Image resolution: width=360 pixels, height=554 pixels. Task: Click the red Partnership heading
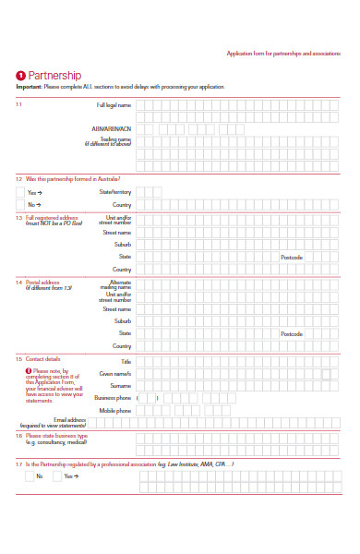pos(54,76)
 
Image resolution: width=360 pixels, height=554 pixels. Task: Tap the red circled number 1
pos(20,76)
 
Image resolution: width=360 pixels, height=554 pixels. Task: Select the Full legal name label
pos(114,105)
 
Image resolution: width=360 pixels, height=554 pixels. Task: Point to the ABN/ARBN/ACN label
pos(112,128)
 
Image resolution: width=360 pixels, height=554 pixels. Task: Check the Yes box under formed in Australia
pos(20,192)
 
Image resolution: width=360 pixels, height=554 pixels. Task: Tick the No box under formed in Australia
pos(20,204)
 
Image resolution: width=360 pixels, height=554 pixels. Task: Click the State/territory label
pos(115,192)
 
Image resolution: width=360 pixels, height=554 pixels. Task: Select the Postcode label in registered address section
pos(292,257)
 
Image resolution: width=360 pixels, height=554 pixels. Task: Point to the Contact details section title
pos(42,358)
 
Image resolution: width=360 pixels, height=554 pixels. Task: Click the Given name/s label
pos(115,373)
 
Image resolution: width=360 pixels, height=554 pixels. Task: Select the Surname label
pos(121,385)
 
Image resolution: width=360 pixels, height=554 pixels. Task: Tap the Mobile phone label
pos(115,410)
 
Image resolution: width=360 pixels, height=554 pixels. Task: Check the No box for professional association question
pos(30,476)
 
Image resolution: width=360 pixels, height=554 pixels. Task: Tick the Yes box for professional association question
pos(57,476)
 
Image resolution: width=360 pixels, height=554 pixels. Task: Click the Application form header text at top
pos(282,54)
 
